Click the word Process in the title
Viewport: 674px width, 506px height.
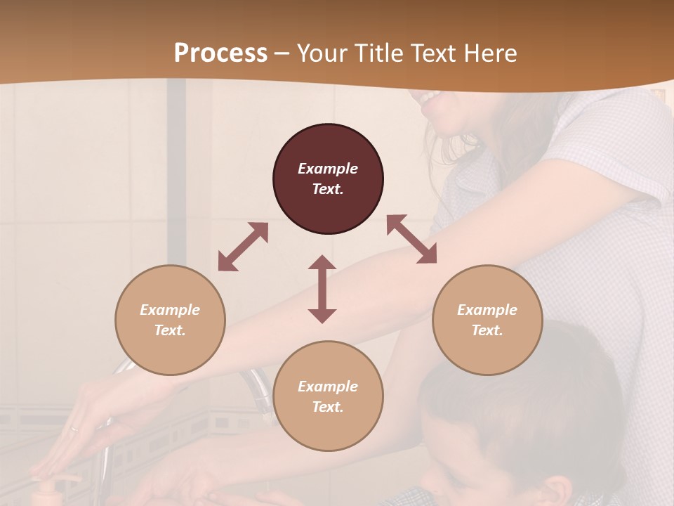pos(220,53)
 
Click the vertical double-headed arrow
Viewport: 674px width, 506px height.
pos(322,289)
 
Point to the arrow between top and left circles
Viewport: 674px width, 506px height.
pos(243,247)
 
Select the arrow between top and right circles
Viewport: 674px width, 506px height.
pos(411,239)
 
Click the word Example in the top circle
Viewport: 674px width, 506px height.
pos(328,169)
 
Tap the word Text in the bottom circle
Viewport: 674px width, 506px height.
pos(328,407)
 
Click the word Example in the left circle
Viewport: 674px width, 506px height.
pos(170,310)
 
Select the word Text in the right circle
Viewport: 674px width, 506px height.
pos(487,330)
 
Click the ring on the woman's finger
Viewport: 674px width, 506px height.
pos(74,428)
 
